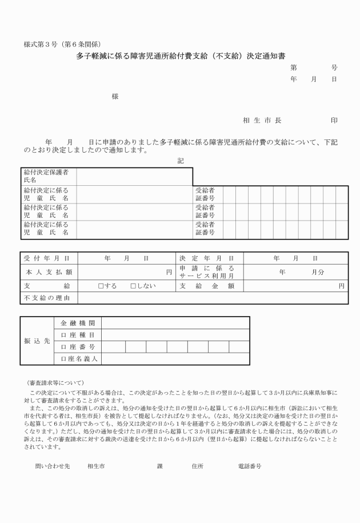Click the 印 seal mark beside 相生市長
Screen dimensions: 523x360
click(x=334, y=121)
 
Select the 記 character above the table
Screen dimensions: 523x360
click(x=181, y=161)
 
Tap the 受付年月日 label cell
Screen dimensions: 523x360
click(x=47, y=259)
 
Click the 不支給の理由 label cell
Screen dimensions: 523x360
click(x=47, y=298)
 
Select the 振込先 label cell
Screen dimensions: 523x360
click(x=36, y=341)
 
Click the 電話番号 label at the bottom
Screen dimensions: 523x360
click(x=250, y=466)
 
